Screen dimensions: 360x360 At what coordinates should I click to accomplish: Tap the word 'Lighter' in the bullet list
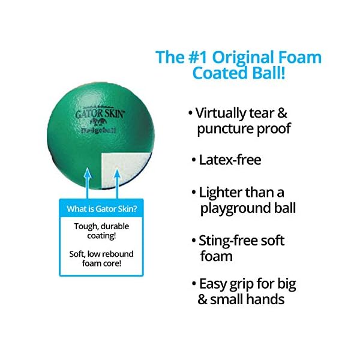pos(223,193)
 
